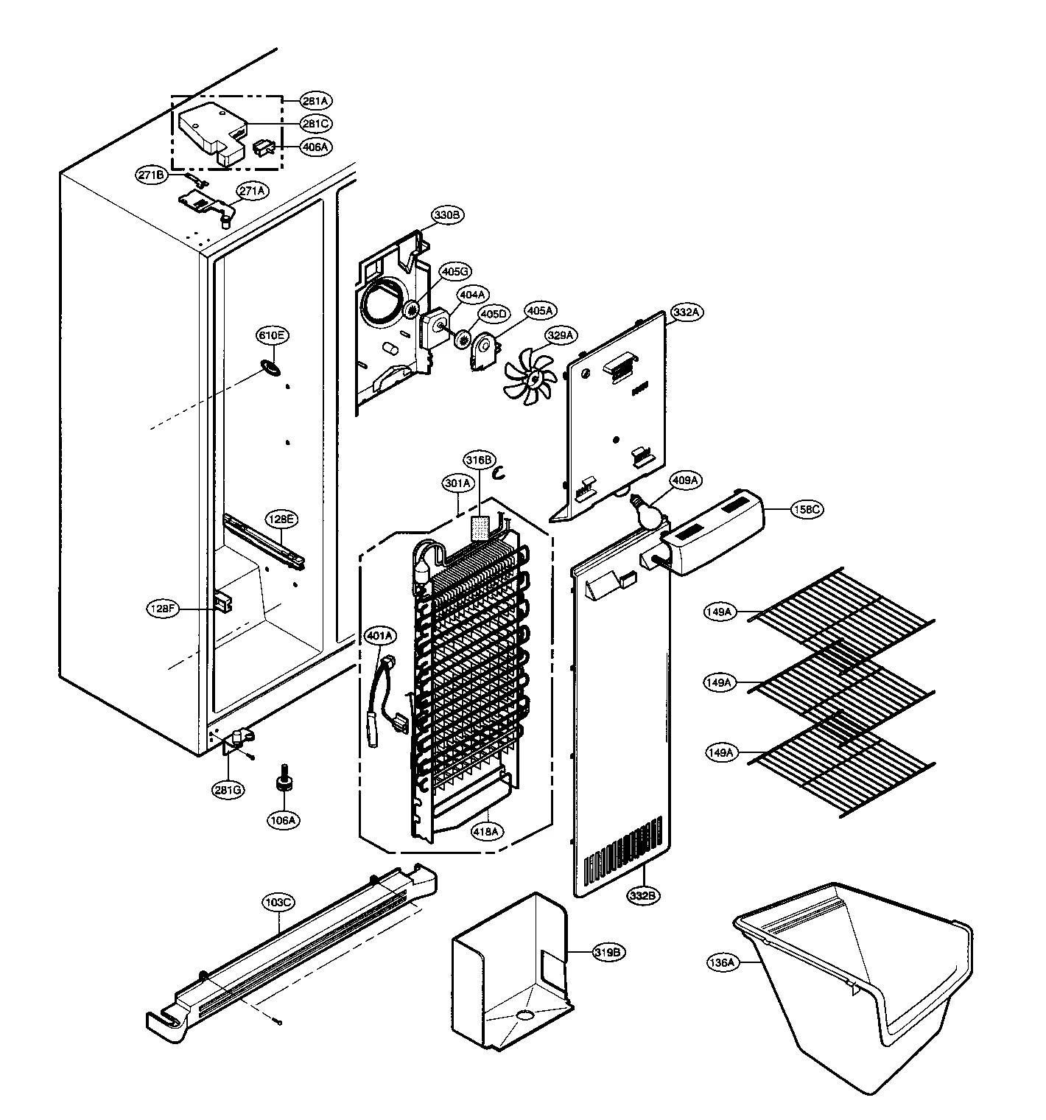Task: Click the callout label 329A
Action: click(x=559, y=336)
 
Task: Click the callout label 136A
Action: click(x=722, y=962)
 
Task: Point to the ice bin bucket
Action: click(x=854, y=973)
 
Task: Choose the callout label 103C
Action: click(x=278, y=902)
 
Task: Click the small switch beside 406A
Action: click(x=264, y=148)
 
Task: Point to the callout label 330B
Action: click(x=447, y=215)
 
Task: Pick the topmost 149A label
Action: click(x=718, y=612)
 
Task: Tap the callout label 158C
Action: click(x=806, y=509)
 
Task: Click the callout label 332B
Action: click(x=643, y=895)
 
